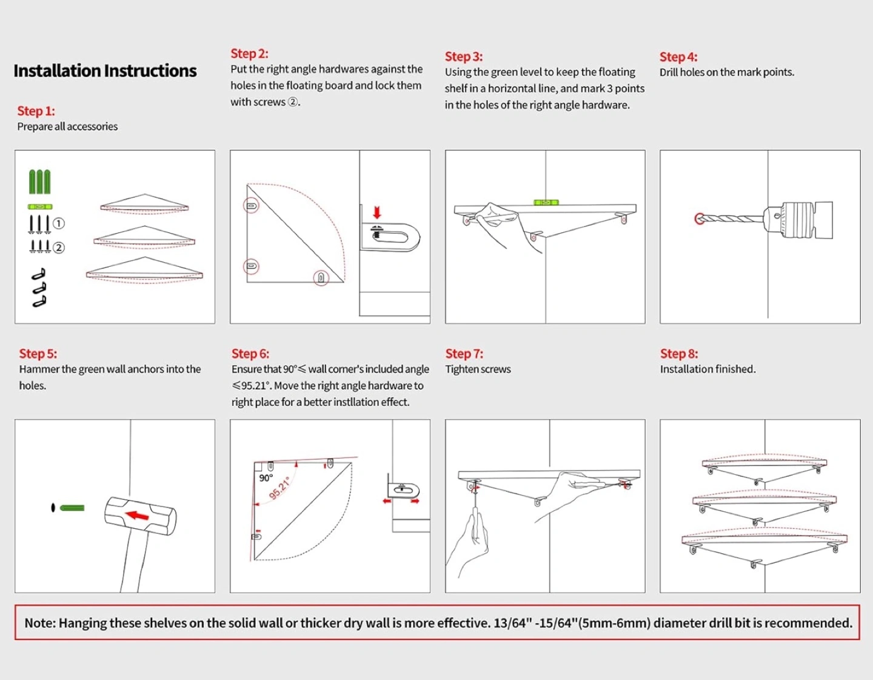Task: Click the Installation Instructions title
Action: pyautogui.click(x=105, y=71)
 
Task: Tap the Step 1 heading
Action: pyautogui.click(x=36, y=111)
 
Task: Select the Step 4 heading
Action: pyautogui.click(x=678, y=57)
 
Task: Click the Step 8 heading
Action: pyautogui.click(x=679, y=354)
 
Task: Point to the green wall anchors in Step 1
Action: pyautogui.click(x=40, y=182)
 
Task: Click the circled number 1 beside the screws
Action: pyautogui.click(x=59, y=223)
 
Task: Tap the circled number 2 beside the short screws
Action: pyautogui.click(x=59, y=247)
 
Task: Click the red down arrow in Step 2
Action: pyautogui.click(x=377, y=212)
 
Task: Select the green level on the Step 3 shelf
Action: pyautogui.click(x=546, y=203)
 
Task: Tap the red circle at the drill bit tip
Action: pyautogui.click(x=700, y=218)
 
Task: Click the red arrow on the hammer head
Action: pyautogui.click(x=138, y=516)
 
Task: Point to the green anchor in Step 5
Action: pyautogui.click(x=72, y=508)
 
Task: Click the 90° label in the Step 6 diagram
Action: pyautogui.click(x=266, y=478)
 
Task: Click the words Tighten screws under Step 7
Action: pyautogui.click(x=478, y=369)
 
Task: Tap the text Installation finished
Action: pyautogui.click(x=707, y=369)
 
